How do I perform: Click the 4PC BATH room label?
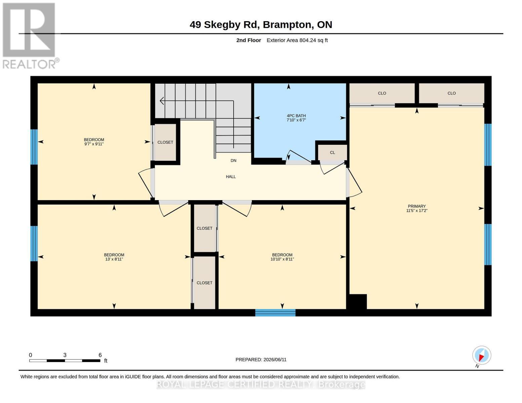tap(296, 116)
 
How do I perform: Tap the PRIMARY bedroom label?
tap(416, 206)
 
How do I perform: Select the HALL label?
tap(231, 177)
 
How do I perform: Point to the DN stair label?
tap(233, 161)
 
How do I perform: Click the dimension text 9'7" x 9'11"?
tap(94, 144)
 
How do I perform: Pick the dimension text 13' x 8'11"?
tap(114, 259)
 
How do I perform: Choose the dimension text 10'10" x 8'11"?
tap(282, 259)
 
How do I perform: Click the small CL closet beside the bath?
tap(332, 153)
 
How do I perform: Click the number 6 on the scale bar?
tap(100, 355)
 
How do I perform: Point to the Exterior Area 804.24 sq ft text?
tap(297, 40)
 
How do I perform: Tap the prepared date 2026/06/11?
tap(275, 360)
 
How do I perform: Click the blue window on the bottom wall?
tap(275, 313)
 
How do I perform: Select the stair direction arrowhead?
tap(162, 101)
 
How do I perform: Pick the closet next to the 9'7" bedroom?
tap(165, 142)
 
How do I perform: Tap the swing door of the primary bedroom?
tap(355, 182)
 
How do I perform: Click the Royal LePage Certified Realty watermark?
tap(261, 385)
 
